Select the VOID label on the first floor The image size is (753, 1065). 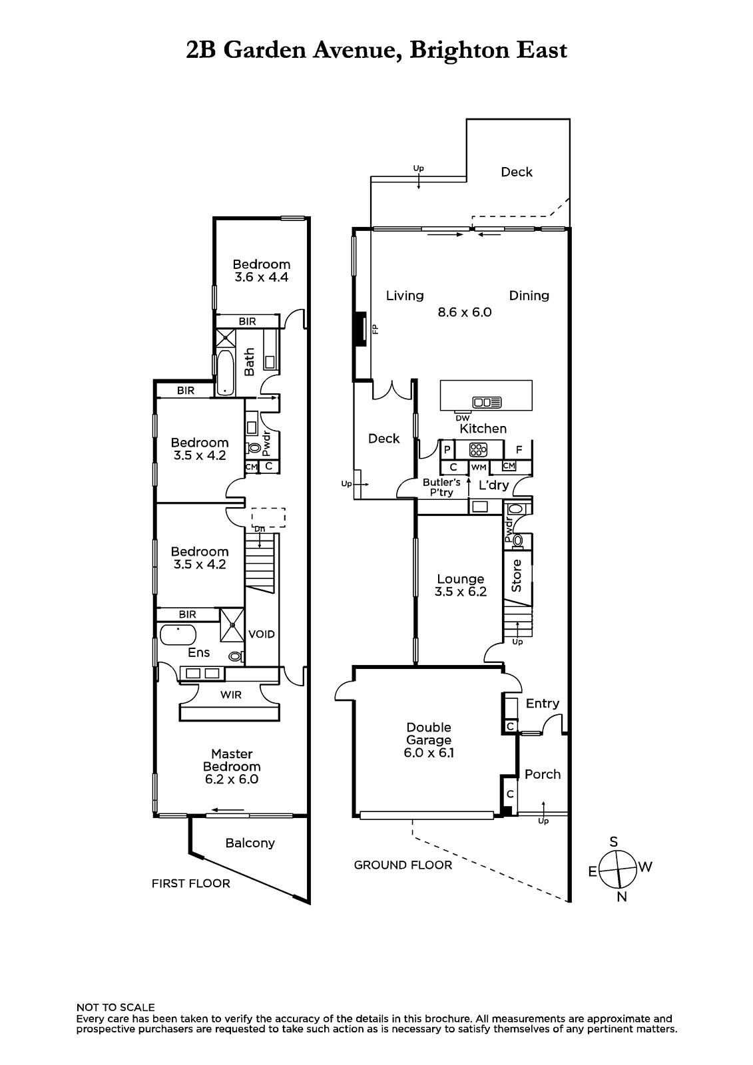pos(261,634)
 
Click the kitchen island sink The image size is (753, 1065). pos(487,402)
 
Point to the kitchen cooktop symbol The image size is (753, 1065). pos(478,449)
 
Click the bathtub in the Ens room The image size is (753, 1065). pos(178,635)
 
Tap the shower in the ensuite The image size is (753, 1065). pos(232,625)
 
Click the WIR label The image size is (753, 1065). pos(231,695)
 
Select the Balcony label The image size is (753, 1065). pos(250,843)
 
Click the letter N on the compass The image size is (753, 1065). pos(622,897)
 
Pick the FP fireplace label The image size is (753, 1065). pos(376,329)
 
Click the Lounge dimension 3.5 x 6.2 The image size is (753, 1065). pos(461,592)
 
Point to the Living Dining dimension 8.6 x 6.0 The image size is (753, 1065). pos(465,312)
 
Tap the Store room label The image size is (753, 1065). pos(516,576)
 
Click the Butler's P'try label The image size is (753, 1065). pos(441,487)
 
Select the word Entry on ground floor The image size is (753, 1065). pos(542,704)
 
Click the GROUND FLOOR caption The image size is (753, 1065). pos(403,865)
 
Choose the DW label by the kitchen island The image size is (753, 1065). pos(462,419)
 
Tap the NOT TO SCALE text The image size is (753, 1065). pos(116,1008)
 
